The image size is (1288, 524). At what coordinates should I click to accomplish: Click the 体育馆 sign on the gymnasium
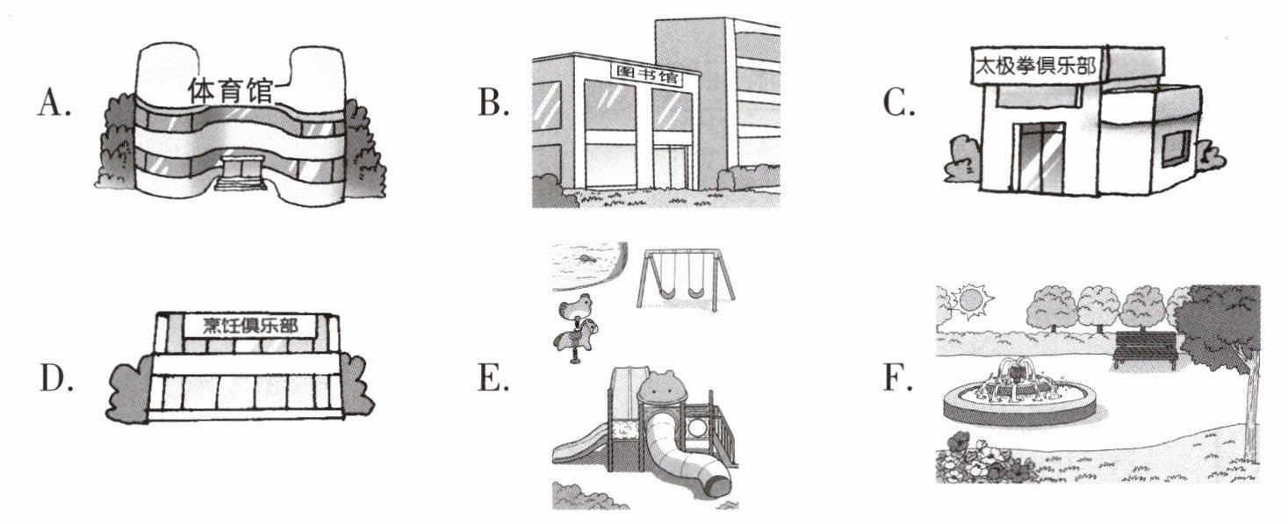pos(229,91)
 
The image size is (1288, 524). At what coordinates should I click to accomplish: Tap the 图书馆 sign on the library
pos(646,75)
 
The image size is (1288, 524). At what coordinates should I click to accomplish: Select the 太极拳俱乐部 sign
pos(1035,66)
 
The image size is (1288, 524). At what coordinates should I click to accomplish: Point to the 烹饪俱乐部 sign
pos(250,326)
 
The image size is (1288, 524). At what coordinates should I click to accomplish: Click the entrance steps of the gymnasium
pos(241,183)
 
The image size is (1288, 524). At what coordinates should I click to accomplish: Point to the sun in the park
pos(970,301)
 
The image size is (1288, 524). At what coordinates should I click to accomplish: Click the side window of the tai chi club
pos(1176,148)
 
